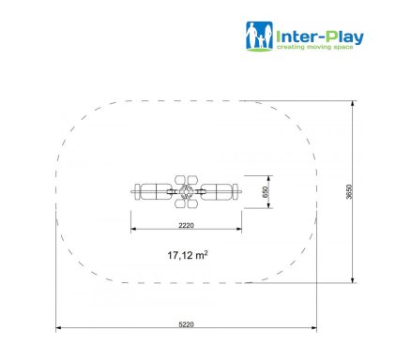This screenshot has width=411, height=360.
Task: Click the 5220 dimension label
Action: coord(186,324)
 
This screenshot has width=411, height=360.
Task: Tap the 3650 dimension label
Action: coord(349,191)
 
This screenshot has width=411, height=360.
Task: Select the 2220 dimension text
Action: coord(186,225)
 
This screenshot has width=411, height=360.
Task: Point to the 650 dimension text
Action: coord(266,192)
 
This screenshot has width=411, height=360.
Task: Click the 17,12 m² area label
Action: coord(188,255)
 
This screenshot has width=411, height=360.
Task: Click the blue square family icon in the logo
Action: coord(259,36)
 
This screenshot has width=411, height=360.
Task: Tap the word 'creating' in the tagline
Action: coord(290,47)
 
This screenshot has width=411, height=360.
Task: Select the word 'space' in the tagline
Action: coord(343,47)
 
